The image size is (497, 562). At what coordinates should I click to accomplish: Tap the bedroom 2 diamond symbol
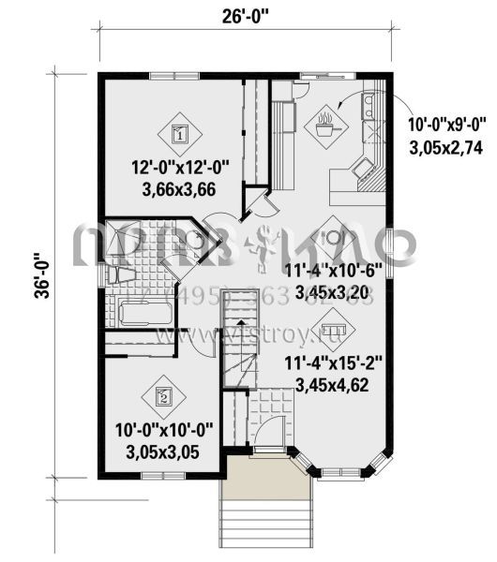point(162,395)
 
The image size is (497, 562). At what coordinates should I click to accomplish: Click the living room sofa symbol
point(331,330)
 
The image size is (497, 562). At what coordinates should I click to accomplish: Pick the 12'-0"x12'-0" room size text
point(181,168)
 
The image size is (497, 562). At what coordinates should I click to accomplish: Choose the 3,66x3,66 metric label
point(181,187)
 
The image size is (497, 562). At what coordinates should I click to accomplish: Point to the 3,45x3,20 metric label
point(333,291)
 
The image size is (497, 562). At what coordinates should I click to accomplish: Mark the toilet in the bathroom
point(117,273)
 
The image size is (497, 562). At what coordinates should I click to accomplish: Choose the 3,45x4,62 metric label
point(333,383)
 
